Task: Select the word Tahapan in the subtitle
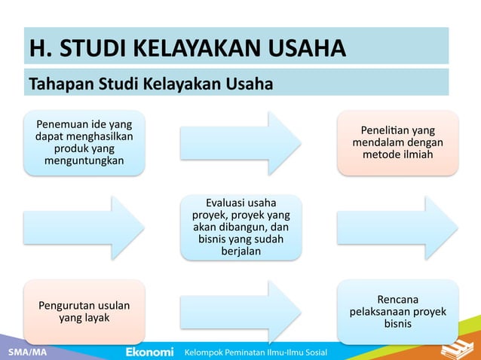tap(57, 82)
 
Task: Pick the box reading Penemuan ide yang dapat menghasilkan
tap(84, 142)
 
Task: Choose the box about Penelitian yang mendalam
tap(397, 142)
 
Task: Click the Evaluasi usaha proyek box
tap(240, 227)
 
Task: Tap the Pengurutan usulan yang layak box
tap(84, 312)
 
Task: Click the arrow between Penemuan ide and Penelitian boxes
tap(240, 142)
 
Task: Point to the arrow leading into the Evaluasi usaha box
tap(84, 227)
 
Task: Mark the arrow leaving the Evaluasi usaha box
tap(397, 227)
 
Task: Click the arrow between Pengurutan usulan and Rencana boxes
tap(240, 312)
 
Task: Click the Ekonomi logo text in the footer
tap(149, 352)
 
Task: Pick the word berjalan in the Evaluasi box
tap(240, 251)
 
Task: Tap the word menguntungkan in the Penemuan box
tap(84, 160)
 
